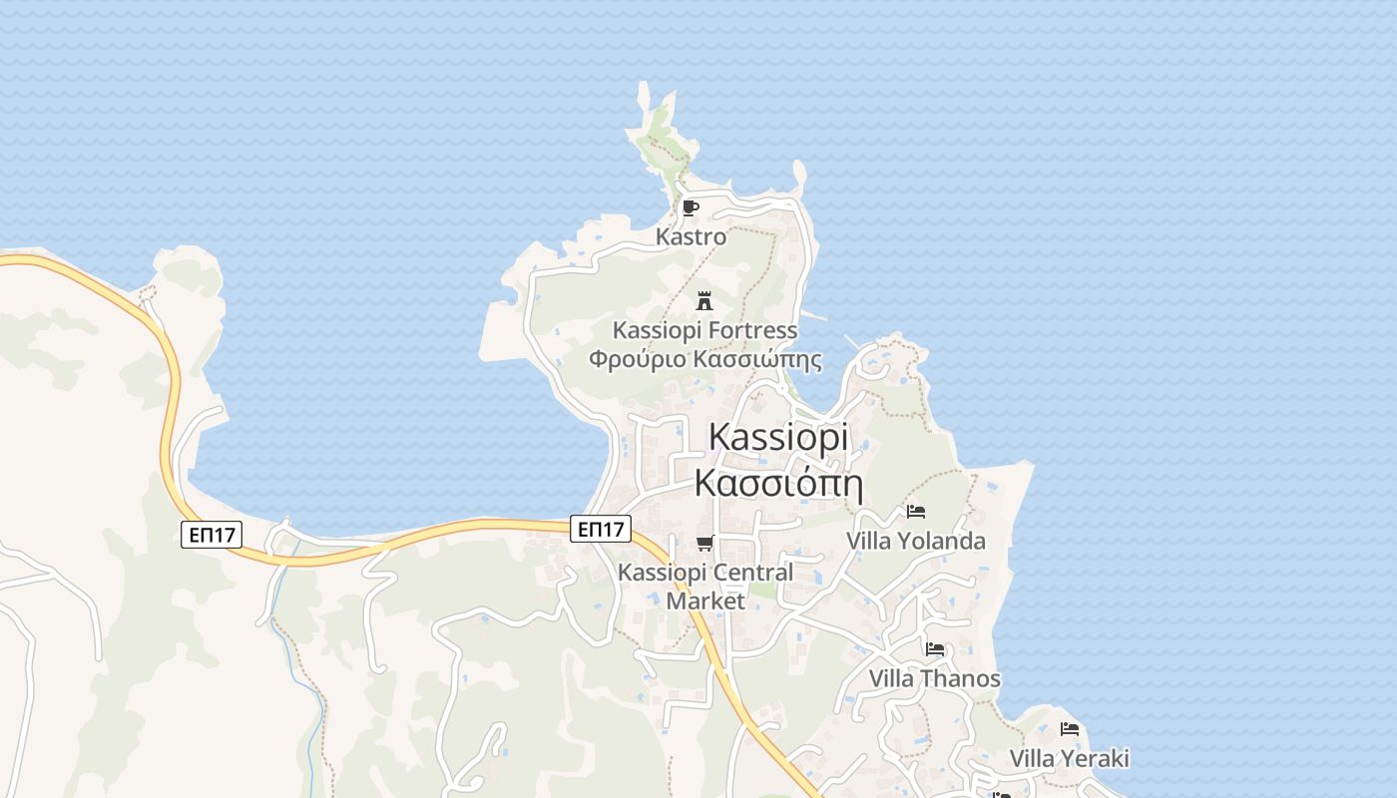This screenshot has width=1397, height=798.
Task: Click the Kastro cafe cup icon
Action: coord(690,208)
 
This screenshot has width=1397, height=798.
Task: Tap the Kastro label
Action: coord(691,237)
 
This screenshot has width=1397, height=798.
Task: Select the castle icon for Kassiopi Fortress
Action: coord(704,300)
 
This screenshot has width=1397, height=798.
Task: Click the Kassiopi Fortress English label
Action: coord(704,329)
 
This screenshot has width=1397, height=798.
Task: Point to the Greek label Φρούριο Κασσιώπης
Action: coord(704,359)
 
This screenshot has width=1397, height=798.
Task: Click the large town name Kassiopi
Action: coord(778,437)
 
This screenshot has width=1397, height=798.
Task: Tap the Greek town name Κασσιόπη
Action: coord(777,483)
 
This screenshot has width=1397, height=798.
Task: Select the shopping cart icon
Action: coord(705,544)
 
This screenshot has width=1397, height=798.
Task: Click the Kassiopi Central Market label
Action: coord(705,587)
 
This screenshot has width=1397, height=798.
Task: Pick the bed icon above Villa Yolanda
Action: coord(916,512)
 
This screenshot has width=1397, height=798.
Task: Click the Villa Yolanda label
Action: coord(915,541)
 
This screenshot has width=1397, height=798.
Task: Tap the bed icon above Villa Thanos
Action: coord(935,649)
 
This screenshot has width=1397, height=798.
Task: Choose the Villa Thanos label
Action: coord(934,678)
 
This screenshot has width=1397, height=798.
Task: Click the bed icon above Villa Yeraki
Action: coord(1070,729)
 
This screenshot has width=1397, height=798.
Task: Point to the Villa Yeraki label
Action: coord(1069,758)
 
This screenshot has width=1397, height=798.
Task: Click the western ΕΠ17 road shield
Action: coord(213,535)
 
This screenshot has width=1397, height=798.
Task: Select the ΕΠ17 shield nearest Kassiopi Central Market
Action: coord(603,529)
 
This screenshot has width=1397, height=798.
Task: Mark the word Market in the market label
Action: coord(705,600)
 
